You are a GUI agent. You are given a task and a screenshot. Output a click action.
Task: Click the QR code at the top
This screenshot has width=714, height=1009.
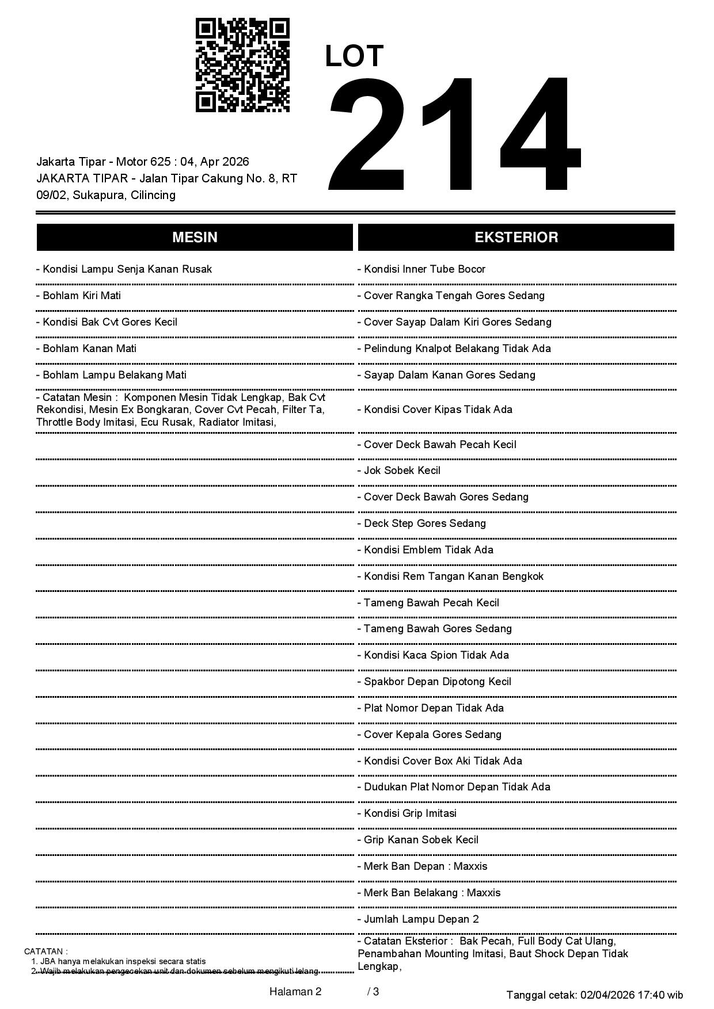pyautogui.click(x=242, y=65)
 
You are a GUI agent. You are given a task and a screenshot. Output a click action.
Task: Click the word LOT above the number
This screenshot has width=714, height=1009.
pyautogui.click(x=354, y=56)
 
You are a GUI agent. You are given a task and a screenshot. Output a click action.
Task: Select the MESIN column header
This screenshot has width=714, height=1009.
pyautogui.click(x=195, y=238)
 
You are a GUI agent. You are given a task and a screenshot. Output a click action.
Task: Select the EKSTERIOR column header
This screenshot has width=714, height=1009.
pyautogui.click(x=516, y=238)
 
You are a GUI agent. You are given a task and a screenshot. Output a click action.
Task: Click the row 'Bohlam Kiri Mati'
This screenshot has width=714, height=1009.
pyautogui.click(x=79, y=296)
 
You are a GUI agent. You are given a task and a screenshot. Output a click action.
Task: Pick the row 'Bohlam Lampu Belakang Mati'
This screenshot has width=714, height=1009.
pyautogui.click(x=112, y=375)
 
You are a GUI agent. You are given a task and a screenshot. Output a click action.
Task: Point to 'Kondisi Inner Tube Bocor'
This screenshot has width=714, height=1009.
pyautogui.click(x=421, y=269)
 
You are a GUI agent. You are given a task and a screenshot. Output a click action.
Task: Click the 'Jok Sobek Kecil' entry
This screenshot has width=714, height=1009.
pyautogui.click(x=399, y=471)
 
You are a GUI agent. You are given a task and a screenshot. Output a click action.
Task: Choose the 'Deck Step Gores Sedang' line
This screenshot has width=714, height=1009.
pyautogui.click(x=421, y=523)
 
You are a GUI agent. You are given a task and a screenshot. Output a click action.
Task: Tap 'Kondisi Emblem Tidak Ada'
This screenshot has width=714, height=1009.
pyautogui.click(x=426, y=550)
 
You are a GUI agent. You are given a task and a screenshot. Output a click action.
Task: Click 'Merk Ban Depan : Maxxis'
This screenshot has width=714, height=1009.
pyautogui.click(x=422, y=866)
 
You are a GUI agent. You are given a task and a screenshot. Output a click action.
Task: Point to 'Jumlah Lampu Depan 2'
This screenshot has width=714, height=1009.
pyautogui.click(x=418, y=919)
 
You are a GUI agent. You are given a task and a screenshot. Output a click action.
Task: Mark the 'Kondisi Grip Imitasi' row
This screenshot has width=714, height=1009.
pyautogui.click(x=407, y=813)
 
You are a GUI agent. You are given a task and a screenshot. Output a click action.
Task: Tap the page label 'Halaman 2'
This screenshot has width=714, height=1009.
pyautogui.click(x=295, y=992)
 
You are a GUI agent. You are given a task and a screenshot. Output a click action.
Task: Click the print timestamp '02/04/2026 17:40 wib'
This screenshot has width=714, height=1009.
pyautogui.click(x=632, y=995)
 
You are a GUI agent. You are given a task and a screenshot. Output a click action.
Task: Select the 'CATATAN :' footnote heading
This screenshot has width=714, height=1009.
pyautogui.click(x=46, y=951)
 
